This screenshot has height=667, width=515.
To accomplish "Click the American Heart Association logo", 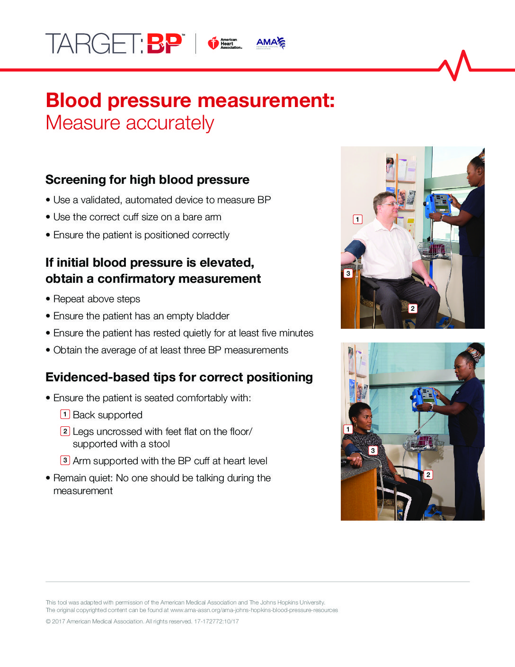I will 224,44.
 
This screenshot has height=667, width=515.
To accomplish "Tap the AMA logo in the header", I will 270,43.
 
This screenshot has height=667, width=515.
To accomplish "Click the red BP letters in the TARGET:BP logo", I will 164,44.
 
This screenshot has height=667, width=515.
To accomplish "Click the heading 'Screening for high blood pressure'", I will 147,180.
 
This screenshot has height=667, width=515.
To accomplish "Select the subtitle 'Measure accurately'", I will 130,123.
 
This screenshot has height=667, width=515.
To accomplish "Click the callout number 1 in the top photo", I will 357,219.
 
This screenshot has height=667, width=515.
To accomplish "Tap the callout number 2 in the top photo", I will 412,309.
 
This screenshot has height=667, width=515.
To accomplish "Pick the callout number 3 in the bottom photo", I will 373,451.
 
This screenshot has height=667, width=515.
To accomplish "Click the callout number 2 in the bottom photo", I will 428,475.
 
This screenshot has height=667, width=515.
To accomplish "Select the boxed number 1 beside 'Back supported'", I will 65,415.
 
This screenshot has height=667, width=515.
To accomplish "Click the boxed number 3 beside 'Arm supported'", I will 65,460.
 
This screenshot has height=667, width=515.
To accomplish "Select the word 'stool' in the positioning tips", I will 159,444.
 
